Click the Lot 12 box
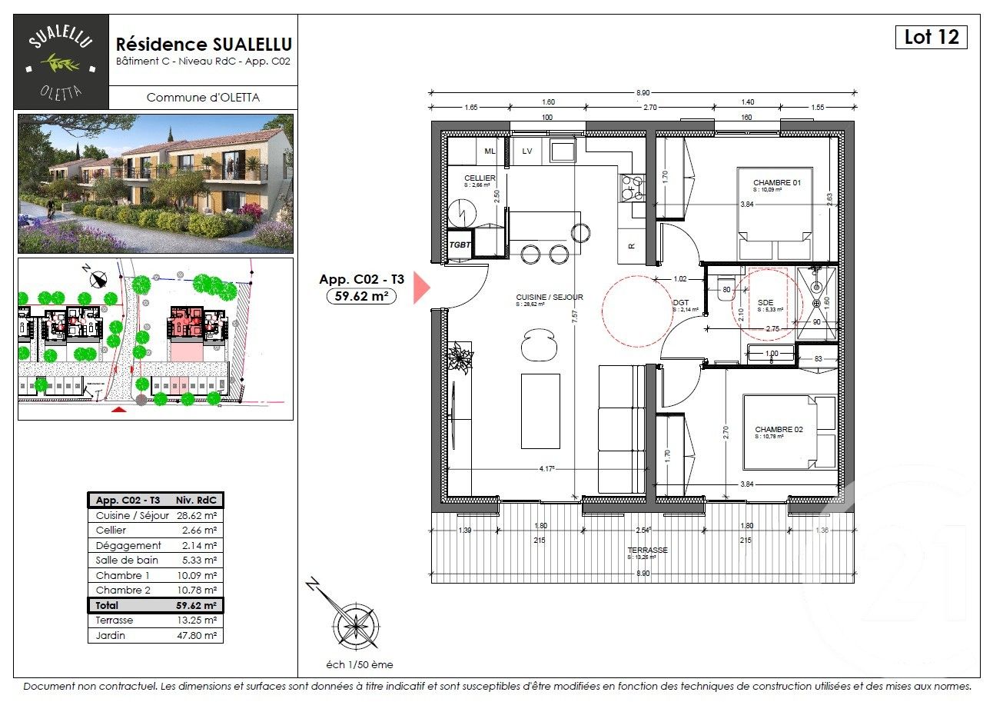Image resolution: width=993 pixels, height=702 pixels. click(931, 37)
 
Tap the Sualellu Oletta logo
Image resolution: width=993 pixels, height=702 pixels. click(61, 62)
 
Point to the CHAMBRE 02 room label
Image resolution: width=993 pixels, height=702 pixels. click(779, 430)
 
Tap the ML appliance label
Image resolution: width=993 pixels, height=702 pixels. click(490, 151)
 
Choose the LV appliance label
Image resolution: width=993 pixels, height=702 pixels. click(527, 151)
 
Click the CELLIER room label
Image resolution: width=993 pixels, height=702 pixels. click(479, 178)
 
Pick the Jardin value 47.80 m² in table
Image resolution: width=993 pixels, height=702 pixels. click(198, 636)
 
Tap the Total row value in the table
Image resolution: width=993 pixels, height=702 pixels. click(198, 606)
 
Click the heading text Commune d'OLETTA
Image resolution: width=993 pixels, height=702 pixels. click(203, 98)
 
